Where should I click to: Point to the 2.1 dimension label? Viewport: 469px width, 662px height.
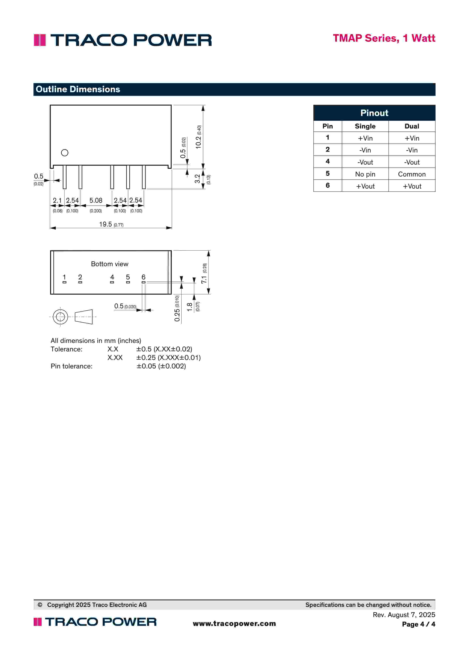tap(57, 200)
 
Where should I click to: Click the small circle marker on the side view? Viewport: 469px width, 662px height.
tap(65, 152)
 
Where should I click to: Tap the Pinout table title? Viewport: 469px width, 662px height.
tap(374, 113)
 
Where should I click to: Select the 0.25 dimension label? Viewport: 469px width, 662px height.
tap(177, 315)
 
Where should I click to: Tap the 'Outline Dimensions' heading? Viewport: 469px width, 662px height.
tap(78, 89)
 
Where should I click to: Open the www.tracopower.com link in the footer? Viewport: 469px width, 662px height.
tap(234, 623)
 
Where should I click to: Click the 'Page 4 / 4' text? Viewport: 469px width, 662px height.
tap(418, 624)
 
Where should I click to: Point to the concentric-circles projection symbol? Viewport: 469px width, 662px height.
tap(60, 317)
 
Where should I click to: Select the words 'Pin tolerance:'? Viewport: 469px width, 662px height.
tap(72, 366)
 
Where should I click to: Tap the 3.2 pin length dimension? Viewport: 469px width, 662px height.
tap(197, 179)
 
